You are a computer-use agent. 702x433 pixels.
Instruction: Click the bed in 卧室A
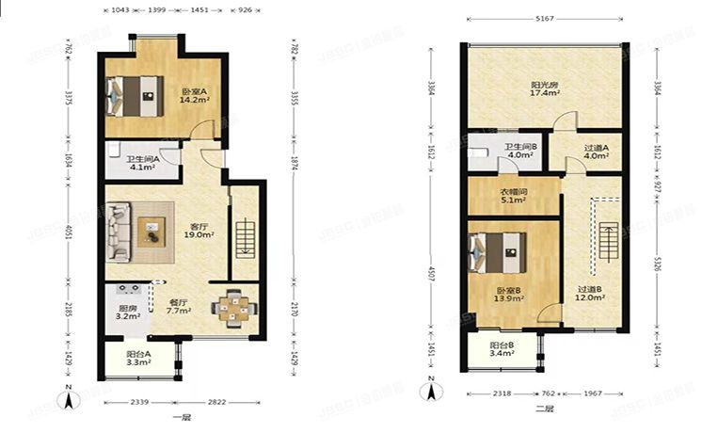tap(136, 93)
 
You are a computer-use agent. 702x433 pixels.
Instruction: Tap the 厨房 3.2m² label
tap(128, 313)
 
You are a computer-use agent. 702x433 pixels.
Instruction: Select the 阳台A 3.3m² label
tap(138, 357)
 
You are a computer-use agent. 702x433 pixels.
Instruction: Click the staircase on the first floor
tap(244, 237)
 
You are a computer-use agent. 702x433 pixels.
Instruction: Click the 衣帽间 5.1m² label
tap(513, 195)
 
